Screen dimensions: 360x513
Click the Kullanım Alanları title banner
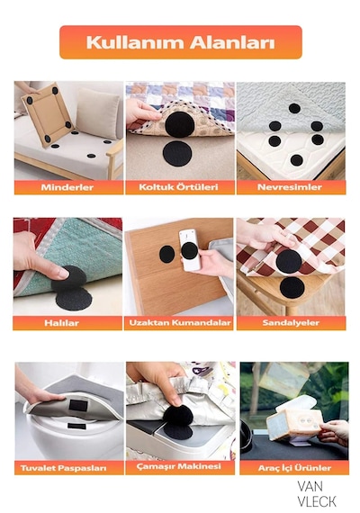[180, 42]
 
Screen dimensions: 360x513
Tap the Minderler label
[67, 187]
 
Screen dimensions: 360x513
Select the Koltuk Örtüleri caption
[178, 187]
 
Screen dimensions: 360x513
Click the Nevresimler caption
[290, 187]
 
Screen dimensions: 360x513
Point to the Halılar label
[61, 323]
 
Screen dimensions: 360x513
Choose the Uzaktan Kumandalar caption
[180, 322]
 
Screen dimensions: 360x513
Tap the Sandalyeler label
[291, 322]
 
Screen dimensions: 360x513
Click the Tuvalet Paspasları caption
[64, 468]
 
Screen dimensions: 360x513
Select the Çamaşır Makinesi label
[178, 466]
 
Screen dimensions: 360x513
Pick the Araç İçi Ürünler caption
[294, 468]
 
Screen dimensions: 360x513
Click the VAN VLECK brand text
[317, 494]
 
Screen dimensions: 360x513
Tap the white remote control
[190, 249]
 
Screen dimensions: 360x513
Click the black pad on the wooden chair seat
[292, 288]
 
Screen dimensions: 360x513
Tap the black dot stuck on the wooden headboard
[166, 254]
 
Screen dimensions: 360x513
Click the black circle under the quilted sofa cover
[176, 154]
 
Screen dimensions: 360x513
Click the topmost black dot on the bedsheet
[294, 108]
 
